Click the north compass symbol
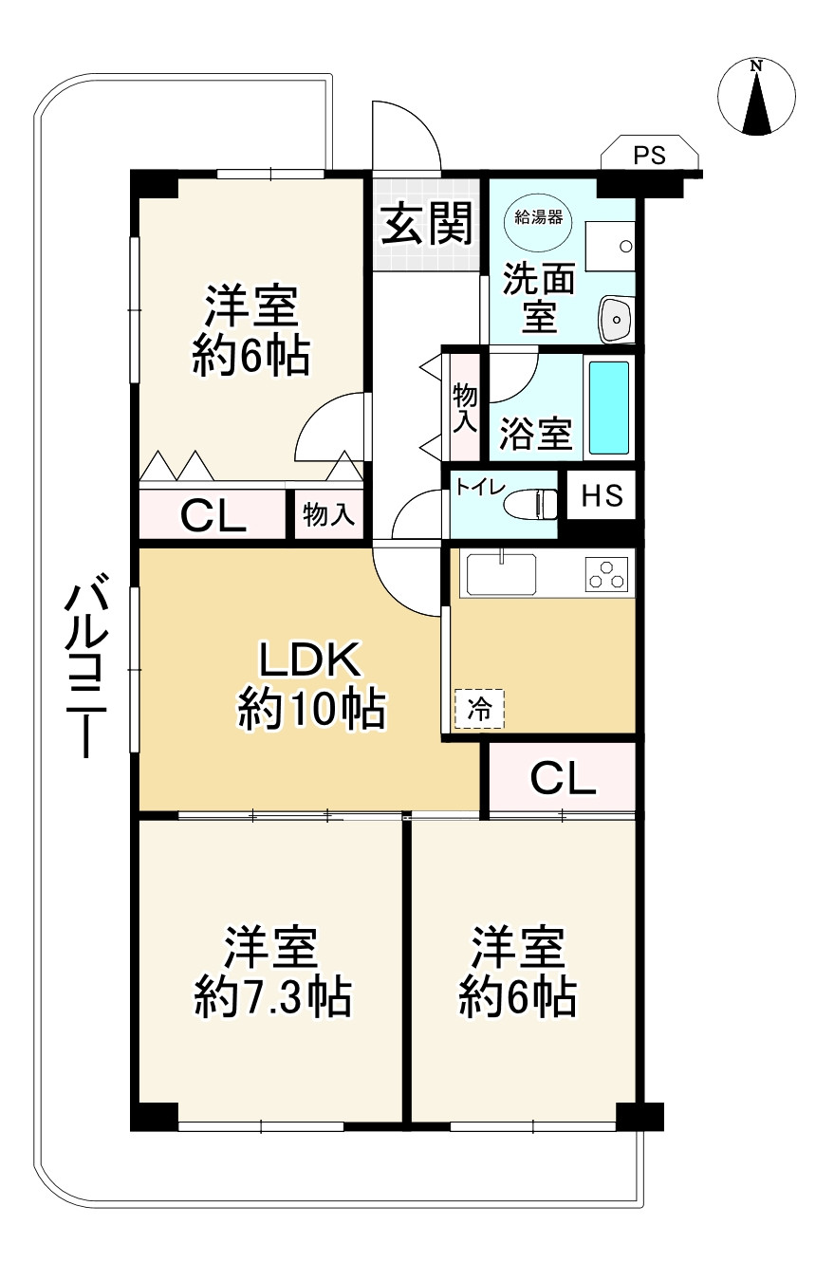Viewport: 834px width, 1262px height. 756,97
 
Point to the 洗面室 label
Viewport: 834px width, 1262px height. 539,296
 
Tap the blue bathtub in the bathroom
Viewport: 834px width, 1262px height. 608,407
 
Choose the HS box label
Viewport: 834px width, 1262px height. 602,496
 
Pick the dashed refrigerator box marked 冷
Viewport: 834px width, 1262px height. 479,708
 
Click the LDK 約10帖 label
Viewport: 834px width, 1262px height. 310,684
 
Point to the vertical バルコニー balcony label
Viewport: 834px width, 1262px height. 84,669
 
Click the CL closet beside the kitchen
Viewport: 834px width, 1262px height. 563,778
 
